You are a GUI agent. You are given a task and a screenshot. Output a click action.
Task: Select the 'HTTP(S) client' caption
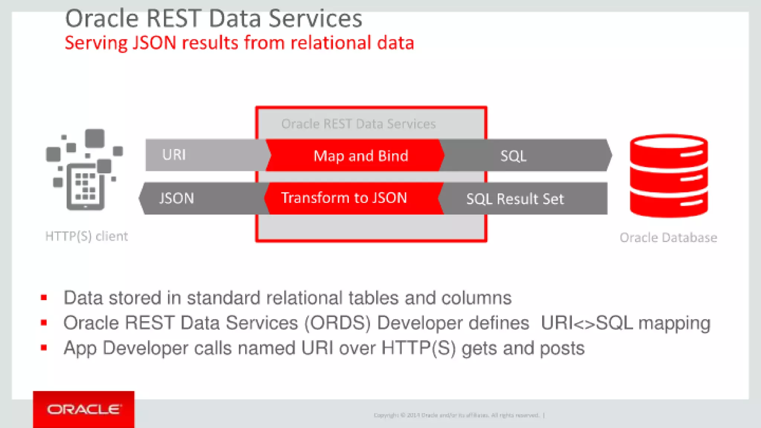click(87, 236)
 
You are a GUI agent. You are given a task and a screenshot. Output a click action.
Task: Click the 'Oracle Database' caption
click(668, 237)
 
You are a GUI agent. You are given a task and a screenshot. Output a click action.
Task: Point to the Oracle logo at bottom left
click(84, 409)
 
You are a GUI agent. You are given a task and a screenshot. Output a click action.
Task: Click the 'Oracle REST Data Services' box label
click(358, 124)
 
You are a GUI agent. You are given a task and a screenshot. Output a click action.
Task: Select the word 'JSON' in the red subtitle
click(154, 43)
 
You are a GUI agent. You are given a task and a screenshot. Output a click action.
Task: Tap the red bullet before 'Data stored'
click(44, 298)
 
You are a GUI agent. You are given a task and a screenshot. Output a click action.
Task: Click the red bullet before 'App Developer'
click(44, 348)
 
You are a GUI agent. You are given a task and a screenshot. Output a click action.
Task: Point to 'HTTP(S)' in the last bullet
click(418, 348)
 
